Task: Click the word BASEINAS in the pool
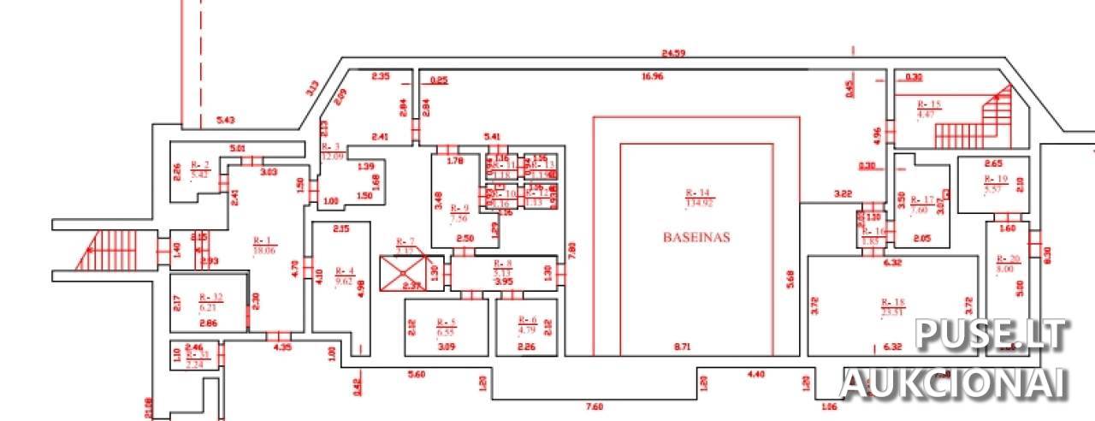pos(696,237)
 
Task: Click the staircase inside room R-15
pos(970,123)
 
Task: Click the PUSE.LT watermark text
pos(992,335)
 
